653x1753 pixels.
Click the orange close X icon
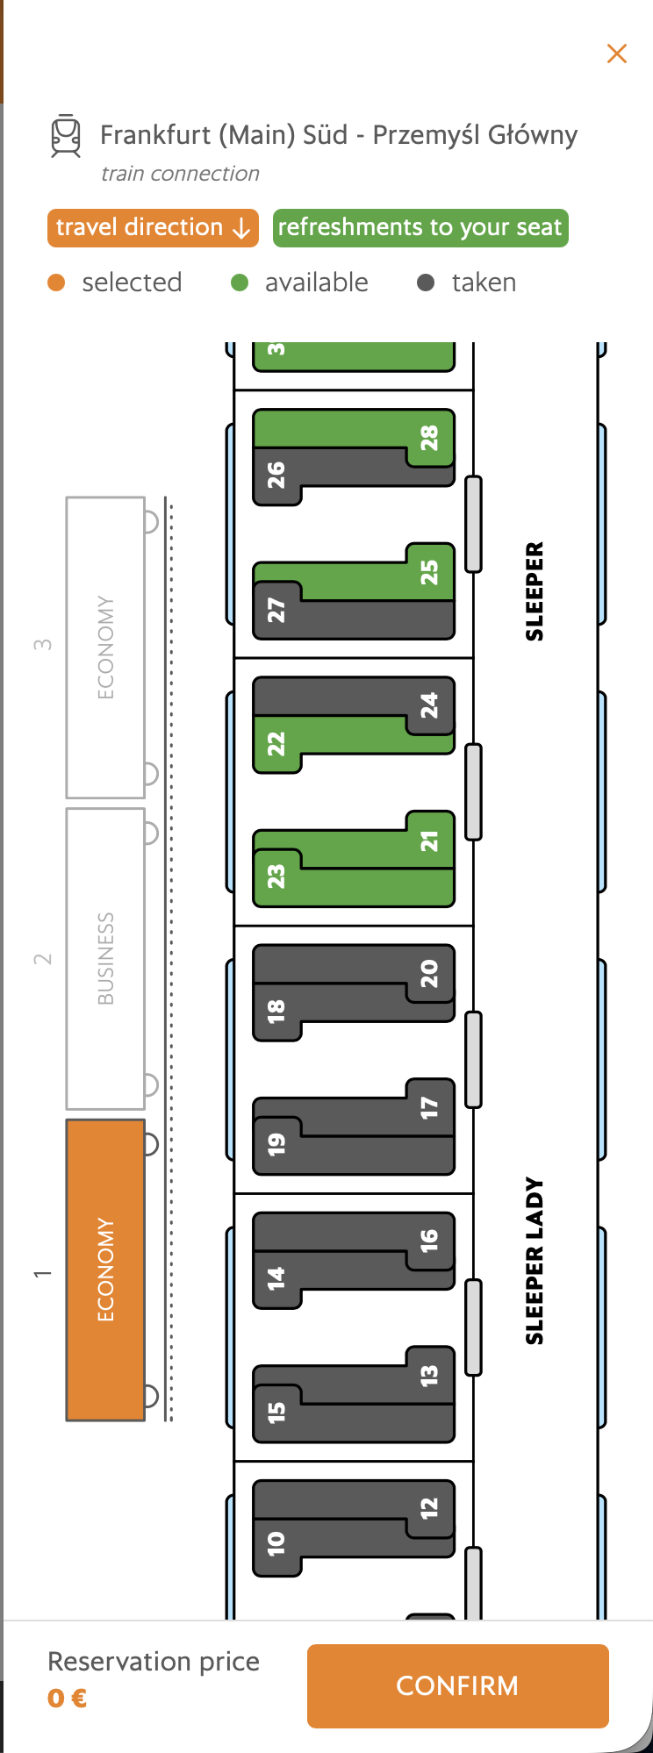point(617,54)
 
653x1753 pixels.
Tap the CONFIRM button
point(457,1685)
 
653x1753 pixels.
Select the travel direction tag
point(153,228)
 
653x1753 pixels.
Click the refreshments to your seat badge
point(420,228)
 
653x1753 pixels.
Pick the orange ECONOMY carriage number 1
point(105,1270)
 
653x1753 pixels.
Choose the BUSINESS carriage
point(105,958)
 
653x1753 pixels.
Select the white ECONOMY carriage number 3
point(105,648)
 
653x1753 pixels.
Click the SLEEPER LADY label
point(535,1261)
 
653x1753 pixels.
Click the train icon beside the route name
point(66,137)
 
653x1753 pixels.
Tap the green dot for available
point(240,283)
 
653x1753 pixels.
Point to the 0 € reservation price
point(68,1699)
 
